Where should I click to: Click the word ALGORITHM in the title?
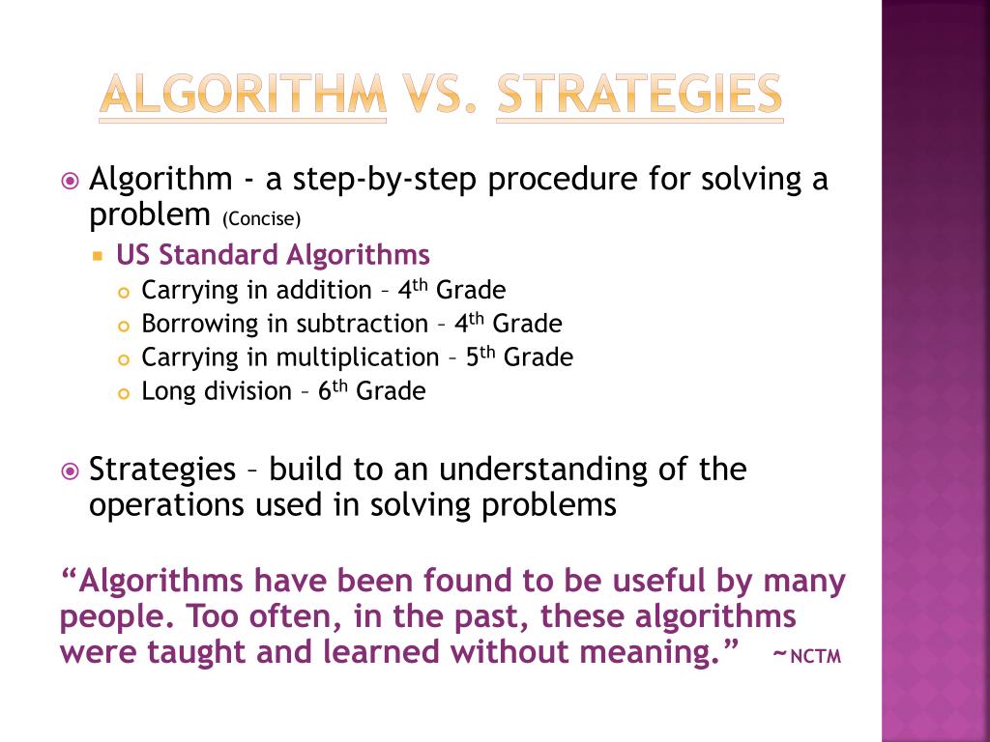click(243, 96)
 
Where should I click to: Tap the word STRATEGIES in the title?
click(639, 96)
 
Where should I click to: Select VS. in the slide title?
click(441, 96)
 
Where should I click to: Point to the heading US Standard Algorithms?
click(273, 255)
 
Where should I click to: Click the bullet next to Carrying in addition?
click(123, 292)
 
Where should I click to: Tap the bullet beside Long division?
click(123, 393)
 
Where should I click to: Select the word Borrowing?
click(189, 324)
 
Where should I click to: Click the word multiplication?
click(358, 357)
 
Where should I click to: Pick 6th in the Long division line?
click(332, 390)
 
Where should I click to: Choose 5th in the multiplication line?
click(480, 357)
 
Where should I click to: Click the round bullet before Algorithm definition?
click(69, 181)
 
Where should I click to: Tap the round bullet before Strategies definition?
click(69, 471)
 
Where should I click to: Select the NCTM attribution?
click(808, 657)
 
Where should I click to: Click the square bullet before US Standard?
click(98, 256)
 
